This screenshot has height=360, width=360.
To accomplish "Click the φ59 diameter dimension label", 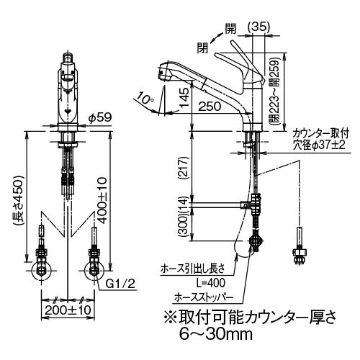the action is pos(100,117).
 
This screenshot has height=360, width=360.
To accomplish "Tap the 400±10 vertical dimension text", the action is pos(102,200).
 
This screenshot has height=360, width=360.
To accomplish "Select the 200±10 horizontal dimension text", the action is pos(68,310).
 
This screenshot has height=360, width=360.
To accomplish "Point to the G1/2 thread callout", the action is pos(120,284).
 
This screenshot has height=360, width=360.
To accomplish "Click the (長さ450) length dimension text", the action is pos(19,200).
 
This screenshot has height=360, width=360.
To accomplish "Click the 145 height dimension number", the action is pos(184,97).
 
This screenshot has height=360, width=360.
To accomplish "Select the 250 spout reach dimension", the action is pos(210,106).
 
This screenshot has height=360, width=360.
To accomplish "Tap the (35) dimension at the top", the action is pos(258,27).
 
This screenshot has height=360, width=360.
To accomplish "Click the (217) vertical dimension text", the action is pos(184,168).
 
